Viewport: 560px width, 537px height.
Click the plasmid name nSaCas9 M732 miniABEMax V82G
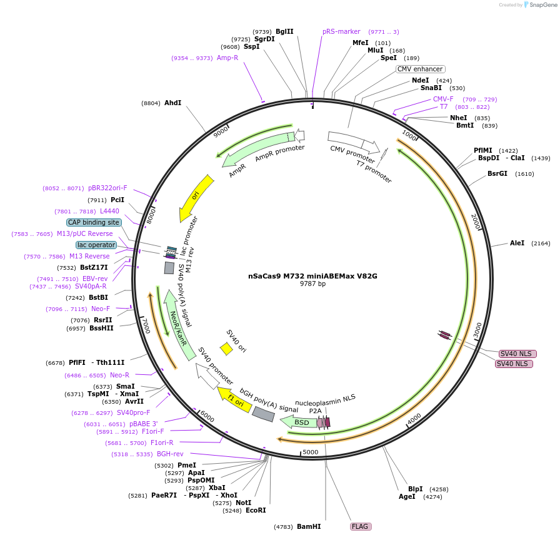[312, 275]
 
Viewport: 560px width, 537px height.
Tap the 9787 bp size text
[312, 284]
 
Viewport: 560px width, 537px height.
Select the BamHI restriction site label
[309, 526]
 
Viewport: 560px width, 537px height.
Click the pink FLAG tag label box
[361, 526]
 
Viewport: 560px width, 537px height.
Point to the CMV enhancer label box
[420, 69]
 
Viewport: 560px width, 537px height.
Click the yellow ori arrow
[195, 197]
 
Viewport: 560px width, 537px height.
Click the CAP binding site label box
[94, 222]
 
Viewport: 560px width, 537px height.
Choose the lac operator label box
[96, 245]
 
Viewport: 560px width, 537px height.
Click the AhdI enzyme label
[172, 103]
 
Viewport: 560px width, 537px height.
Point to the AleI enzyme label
[517, 243]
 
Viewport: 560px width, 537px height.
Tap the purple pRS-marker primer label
[341, 31]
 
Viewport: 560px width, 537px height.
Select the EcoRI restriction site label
[256, 510]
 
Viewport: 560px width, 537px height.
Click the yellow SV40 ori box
[226, 349]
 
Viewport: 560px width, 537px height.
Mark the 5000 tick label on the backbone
[311, 452]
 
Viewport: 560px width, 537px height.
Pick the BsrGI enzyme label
[497, 173]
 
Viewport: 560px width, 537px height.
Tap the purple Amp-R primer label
[227, 58]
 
